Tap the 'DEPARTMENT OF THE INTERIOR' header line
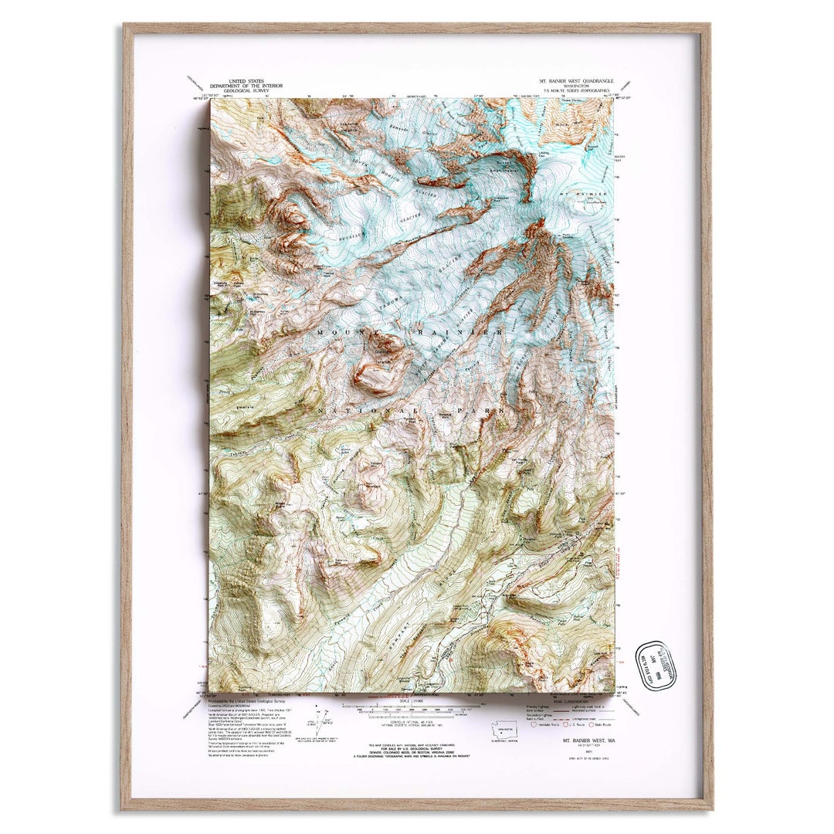coord(240,85)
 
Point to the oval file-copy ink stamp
coord(655,666)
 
